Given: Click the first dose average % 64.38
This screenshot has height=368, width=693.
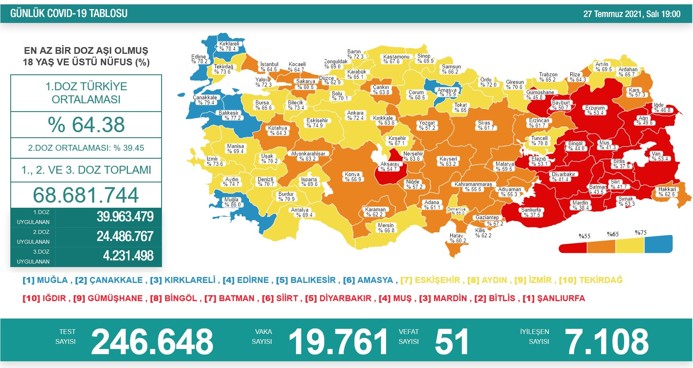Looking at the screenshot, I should pyautogui.click(x=86, y=125).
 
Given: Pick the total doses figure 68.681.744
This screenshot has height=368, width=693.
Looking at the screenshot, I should pyautogui.click(x=86, y=195).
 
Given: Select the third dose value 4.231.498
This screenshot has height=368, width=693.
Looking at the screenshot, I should pyautogui.click(x=128, y=256).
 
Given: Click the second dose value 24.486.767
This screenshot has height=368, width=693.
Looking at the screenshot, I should pyautogui.click(x=125, y=236).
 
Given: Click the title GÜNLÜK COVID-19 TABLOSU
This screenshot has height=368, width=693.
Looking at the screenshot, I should pyautogui.click(x=69, y=13).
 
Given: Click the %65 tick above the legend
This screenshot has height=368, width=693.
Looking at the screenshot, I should pyautogui.click(x=613, y=234).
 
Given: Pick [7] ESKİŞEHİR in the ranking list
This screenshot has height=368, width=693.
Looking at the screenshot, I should pyautogui.click(x=430, y=280).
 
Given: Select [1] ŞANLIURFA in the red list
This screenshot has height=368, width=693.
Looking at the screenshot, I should pyautogui.click(x=554, y=298).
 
